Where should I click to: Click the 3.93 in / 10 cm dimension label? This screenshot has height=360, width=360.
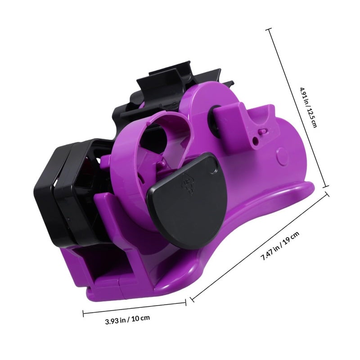pos(128,319)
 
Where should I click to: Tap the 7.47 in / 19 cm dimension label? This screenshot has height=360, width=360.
pos(281,246)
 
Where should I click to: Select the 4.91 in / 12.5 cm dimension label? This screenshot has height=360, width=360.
pos(309,107)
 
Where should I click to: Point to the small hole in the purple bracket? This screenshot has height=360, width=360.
pos(255,140)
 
